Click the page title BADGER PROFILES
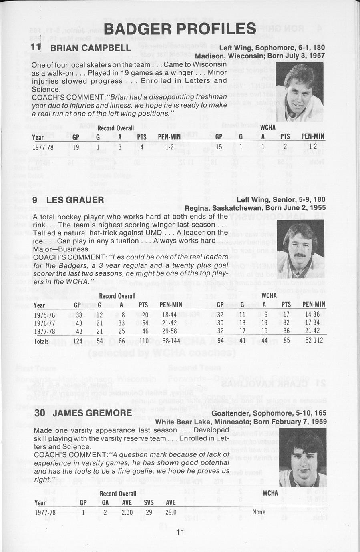click(180, 29)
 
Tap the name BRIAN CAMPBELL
click(91, 48)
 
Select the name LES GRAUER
click(75, 199)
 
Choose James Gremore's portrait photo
click(302, 457)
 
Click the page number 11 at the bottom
click(180, 532)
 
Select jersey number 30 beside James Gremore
click(39, 413)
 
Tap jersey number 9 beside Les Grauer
click(35, 199)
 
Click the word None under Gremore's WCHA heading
click(259, 512)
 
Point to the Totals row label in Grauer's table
click(41, 341)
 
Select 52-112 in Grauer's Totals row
click(313, 341)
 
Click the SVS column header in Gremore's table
click(149, 502)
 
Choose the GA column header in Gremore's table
click(105, 502)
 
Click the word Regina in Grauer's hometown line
click(195, 208)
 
